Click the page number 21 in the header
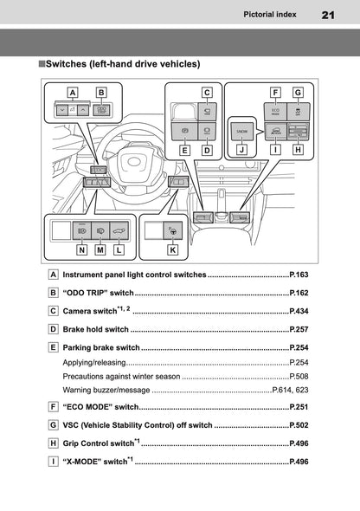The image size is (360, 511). (328, 15)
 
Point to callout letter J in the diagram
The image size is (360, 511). (241, 148)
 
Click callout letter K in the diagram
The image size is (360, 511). (173, 249)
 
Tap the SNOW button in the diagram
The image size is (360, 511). (241, 129)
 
